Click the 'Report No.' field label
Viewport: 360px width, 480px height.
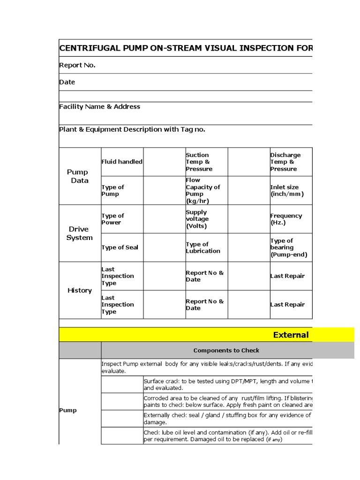[77, 65]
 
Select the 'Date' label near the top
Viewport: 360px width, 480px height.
[67, 82]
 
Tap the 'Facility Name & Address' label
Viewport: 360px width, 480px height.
[99, 106]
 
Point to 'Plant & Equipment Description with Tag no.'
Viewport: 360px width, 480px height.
[132, 129]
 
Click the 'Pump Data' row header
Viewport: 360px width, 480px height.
[79, 176]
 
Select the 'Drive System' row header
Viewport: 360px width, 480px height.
[79, 233]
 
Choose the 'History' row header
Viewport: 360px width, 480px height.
[79, 291]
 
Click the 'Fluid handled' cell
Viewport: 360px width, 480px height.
[122, 162]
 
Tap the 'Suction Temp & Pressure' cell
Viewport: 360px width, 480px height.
[199, 162]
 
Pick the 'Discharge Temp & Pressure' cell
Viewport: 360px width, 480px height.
[285, 162]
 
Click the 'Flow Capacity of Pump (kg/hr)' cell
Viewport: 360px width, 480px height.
[202, 190]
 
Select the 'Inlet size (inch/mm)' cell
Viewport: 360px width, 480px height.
[286, 190]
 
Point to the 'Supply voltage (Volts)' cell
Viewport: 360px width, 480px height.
[197, 219]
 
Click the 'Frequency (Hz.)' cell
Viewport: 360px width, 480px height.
[286, 219]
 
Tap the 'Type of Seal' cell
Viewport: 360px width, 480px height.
[120, 247]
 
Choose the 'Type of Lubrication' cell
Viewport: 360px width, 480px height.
[202, 247]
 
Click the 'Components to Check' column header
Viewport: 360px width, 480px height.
[226, 350]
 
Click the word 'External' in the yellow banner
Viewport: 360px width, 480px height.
[291, 335]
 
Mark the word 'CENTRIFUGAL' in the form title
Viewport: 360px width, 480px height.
[88, 48]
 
